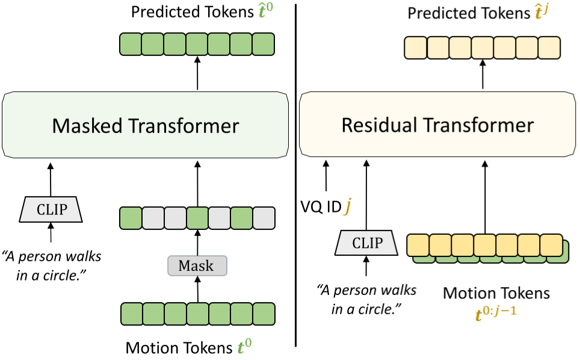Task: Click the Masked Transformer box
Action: tap(146, 126)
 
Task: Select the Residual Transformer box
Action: tap(437, 126)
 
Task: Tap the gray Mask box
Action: tap(197, 265)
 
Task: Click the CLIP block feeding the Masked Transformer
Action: tap(51, 208)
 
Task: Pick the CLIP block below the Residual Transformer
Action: tap(366, 243)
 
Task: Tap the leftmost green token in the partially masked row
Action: tap(131, 216)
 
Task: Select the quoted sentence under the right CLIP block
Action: tap(366, 299)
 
